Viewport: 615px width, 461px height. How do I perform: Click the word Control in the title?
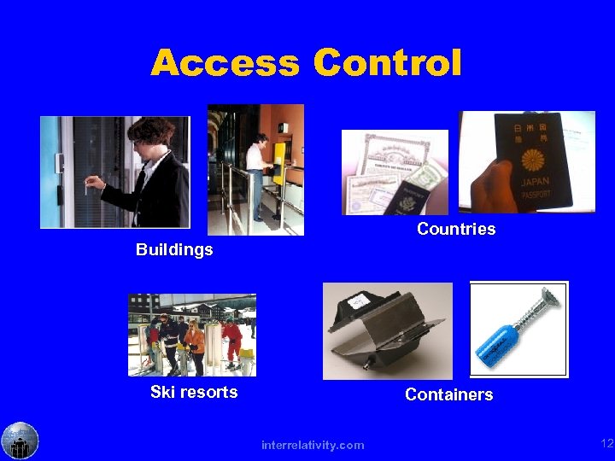(388, 63)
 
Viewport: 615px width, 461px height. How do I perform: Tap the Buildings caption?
(174, 250)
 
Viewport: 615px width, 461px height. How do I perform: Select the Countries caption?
(456, 229)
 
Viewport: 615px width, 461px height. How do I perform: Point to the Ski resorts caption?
(194, 392)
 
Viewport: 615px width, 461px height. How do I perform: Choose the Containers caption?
(448, 394)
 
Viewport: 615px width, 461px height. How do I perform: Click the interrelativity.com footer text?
(313, 445)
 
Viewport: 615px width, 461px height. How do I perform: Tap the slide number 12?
(606, 443)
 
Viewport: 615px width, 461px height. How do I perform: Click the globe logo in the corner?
(20, 441)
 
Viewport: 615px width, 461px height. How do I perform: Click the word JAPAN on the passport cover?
(534, 182)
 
